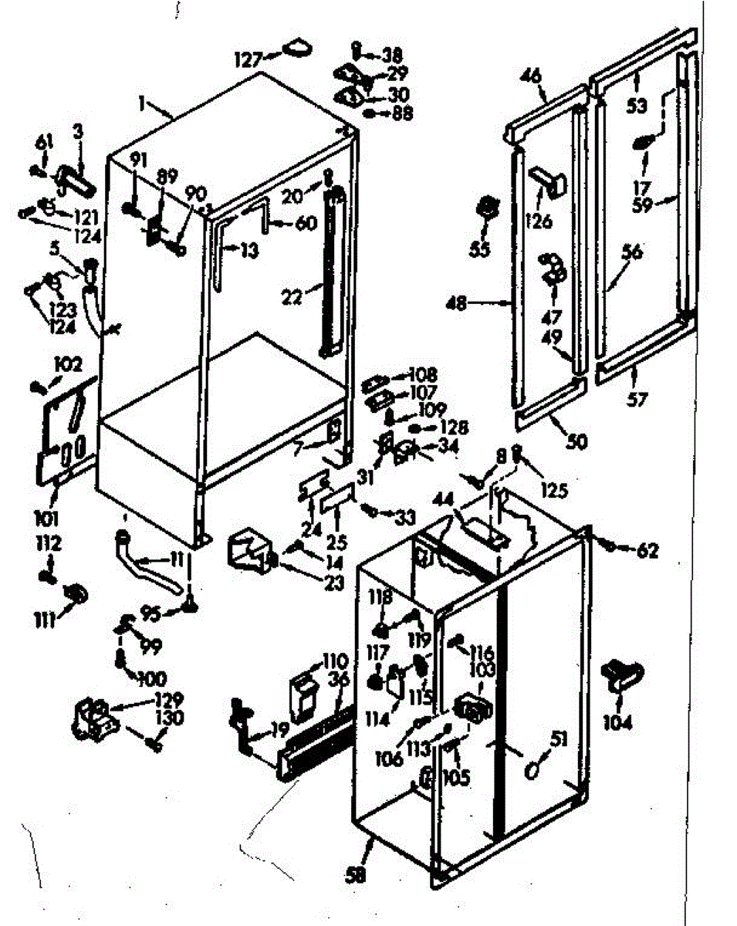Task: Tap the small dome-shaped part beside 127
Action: pyautogui.click(x=295, y=49)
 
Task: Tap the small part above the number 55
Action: pyautogui.click(x=486, y=208)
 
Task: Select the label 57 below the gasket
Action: pyautogui.click(x=638, y=399)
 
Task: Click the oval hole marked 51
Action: pyautogui.click(x=532, y=770)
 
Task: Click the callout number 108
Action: pyautogui.click(x=425, y=373)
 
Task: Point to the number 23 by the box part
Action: pyautogui.click(x=333, y=583)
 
